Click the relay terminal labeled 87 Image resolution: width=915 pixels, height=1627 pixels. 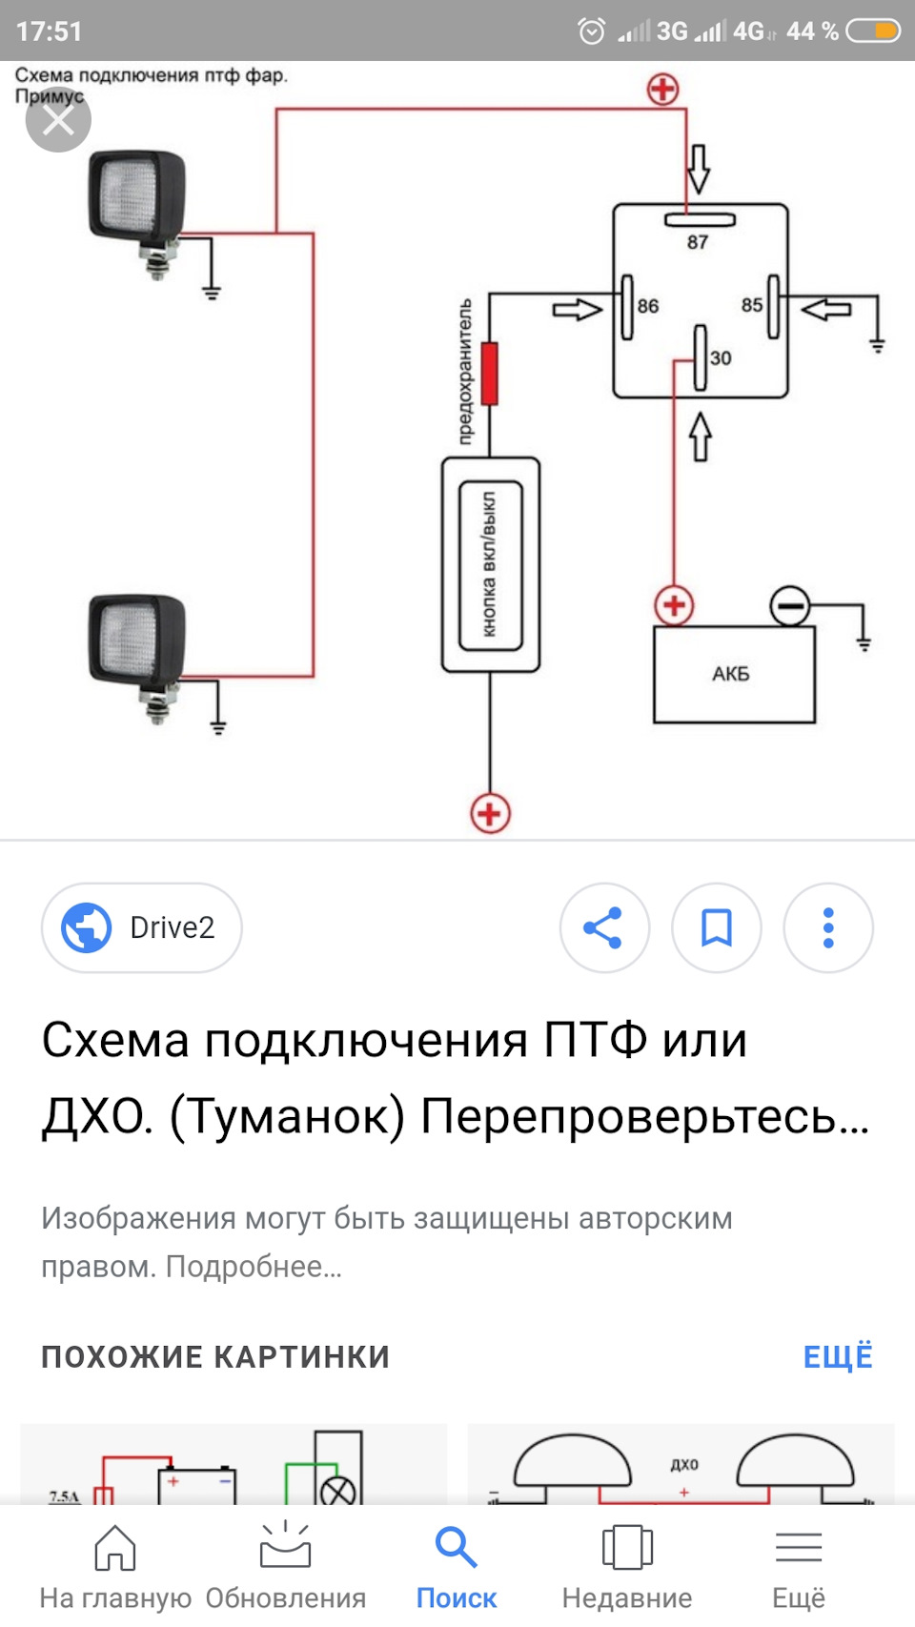700,219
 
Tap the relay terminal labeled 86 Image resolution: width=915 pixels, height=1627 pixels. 627,307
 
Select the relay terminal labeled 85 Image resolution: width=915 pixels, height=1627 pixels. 774,307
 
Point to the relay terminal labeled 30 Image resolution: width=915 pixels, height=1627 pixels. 700,357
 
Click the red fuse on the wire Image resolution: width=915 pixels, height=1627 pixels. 490,374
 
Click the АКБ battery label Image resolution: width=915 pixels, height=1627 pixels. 730,674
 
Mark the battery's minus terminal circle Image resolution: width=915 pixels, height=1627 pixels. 790,606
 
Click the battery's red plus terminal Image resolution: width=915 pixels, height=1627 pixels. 675,606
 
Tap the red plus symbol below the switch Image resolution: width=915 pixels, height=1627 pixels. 490,814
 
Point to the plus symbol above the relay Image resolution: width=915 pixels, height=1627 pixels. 663,90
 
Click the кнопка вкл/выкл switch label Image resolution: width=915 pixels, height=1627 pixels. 490,564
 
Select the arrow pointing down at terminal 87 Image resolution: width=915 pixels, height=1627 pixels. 699,169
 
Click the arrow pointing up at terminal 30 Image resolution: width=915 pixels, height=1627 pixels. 700,437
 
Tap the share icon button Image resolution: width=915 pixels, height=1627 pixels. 604,927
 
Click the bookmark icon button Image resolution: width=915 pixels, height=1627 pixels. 717,927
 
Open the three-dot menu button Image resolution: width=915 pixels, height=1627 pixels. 828,927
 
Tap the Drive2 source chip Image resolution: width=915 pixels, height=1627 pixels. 142,927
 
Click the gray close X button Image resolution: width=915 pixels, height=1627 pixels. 58,120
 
